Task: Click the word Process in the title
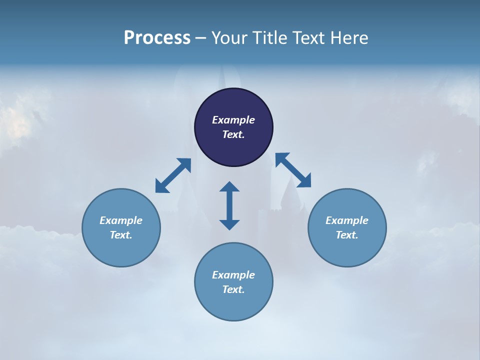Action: coord(157,38)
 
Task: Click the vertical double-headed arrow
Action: coord(229,205)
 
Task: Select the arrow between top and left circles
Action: coord(173,175)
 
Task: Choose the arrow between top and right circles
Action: coord(293,170)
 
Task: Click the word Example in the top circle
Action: coord(233,120)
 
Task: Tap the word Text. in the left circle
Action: coord(121,235)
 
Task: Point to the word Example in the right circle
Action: coord(347,220)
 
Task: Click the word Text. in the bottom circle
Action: coord(233,289)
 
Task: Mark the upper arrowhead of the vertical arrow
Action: coord(229,187)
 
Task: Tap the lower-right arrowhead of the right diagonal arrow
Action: coord(305,181)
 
